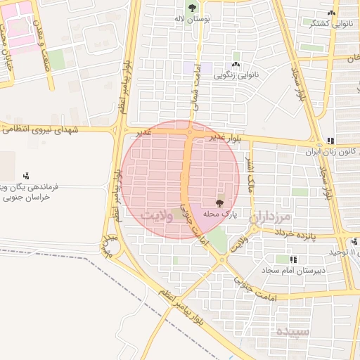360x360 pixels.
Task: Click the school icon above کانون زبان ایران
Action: pos(330,140)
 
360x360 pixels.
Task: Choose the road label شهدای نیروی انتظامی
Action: pos(56,129)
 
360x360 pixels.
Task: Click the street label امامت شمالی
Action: pos(195,91)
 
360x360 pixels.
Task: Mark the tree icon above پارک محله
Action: pos(220,202)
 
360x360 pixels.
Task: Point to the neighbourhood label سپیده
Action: pos(292,330)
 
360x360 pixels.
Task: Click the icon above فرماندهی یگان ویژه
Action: pos(26,175)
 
